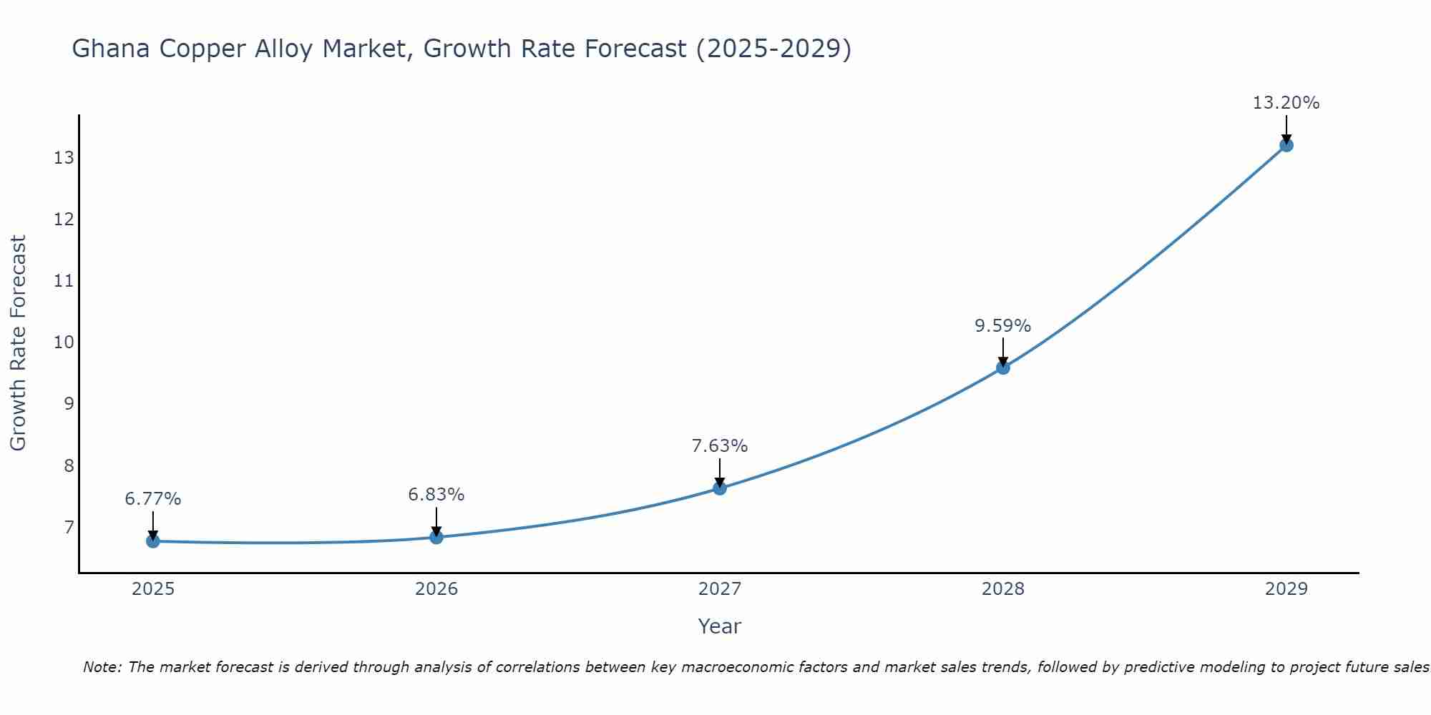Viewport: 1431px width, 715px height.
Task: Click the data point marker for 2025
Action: click(x=153, y=541)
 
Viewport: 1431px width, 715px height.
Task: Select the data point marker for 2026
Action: click(x=436, y=537)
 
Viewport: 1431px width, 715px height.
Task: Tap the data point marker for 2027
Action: click(x=720, y=488)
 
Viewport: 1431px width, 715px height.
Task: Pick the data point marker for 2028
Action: click(x=1003, y=368)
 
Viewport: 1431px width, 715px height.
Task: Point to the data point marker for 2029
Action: click(x=1286, y=145)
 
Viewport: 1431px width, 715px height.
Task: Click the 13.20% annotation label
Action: click(x=1286, y=103)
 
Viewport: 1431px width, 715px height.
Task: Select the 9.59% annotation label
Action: click(x=1003, y=326)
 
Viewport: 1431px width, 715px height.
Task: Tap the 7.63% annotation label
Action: click(x=720, y=446)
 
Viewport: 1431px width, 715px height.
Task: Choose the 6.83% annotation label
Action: click(x=436, y=495)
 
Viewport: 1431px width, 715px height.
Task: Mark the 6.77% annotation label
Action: click(x=153, y=499)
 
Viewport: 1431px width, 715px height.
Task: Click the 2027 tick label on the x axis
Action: click(x=720, y=589)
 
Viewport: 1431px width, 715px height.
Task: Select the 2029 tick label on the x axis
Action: click(x=1286, y=589)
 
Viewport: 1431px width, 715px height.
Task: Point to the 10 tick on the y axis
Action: click(x=64, y=342)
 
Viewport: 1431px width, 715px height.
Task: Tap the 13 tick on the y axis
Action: click(x=64, y=158)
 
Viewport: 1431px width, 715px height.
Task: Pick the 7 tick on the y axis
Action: click(x=69, y=528)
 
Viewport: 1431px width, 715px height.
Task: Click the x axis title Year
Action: click(x=720, y=626)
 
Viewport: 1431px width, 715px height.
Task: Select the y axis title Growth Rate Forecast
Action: click(x=18, y=343)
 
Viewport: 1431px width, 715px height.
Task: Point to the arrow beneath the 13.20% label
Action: click(x=1286, y=129)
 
